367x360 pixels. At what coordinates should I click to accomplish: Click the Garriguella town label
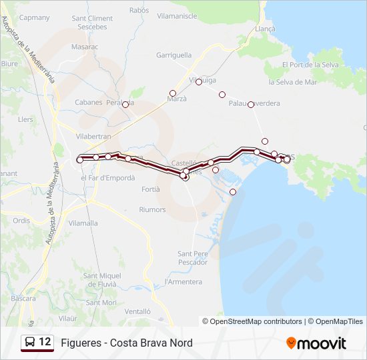173,55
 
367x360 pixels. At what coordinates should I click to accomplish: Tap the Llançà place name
264,29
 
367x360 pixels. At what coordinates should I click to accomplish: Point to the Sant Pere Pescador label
193,257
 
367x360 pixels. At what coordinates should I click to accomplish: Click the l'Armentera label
183,282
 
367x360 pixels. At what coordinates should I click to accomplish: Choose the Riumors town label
152,209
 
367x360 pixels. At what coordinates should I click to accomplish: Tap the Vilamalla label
83,223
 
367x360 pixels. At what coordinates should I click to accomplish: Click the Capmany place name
35,17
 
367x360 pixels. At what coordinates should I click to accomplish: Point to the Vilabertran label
93,135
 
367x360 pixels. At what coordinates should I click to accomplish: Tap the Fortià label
151,189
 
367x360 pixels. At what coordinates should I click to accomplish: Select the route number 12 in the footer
45,342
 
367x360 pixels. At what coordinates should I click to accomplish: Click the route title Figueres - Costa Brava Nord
126,343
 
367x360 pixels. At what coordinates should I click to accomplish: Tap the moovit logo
316,343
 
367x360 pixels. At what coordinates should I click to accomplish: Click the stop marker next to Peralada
125,105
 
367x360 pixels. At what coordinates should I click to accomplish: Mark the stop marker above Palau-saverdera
222,95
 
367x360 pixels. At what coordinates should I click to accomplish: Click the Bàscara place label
23,299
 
